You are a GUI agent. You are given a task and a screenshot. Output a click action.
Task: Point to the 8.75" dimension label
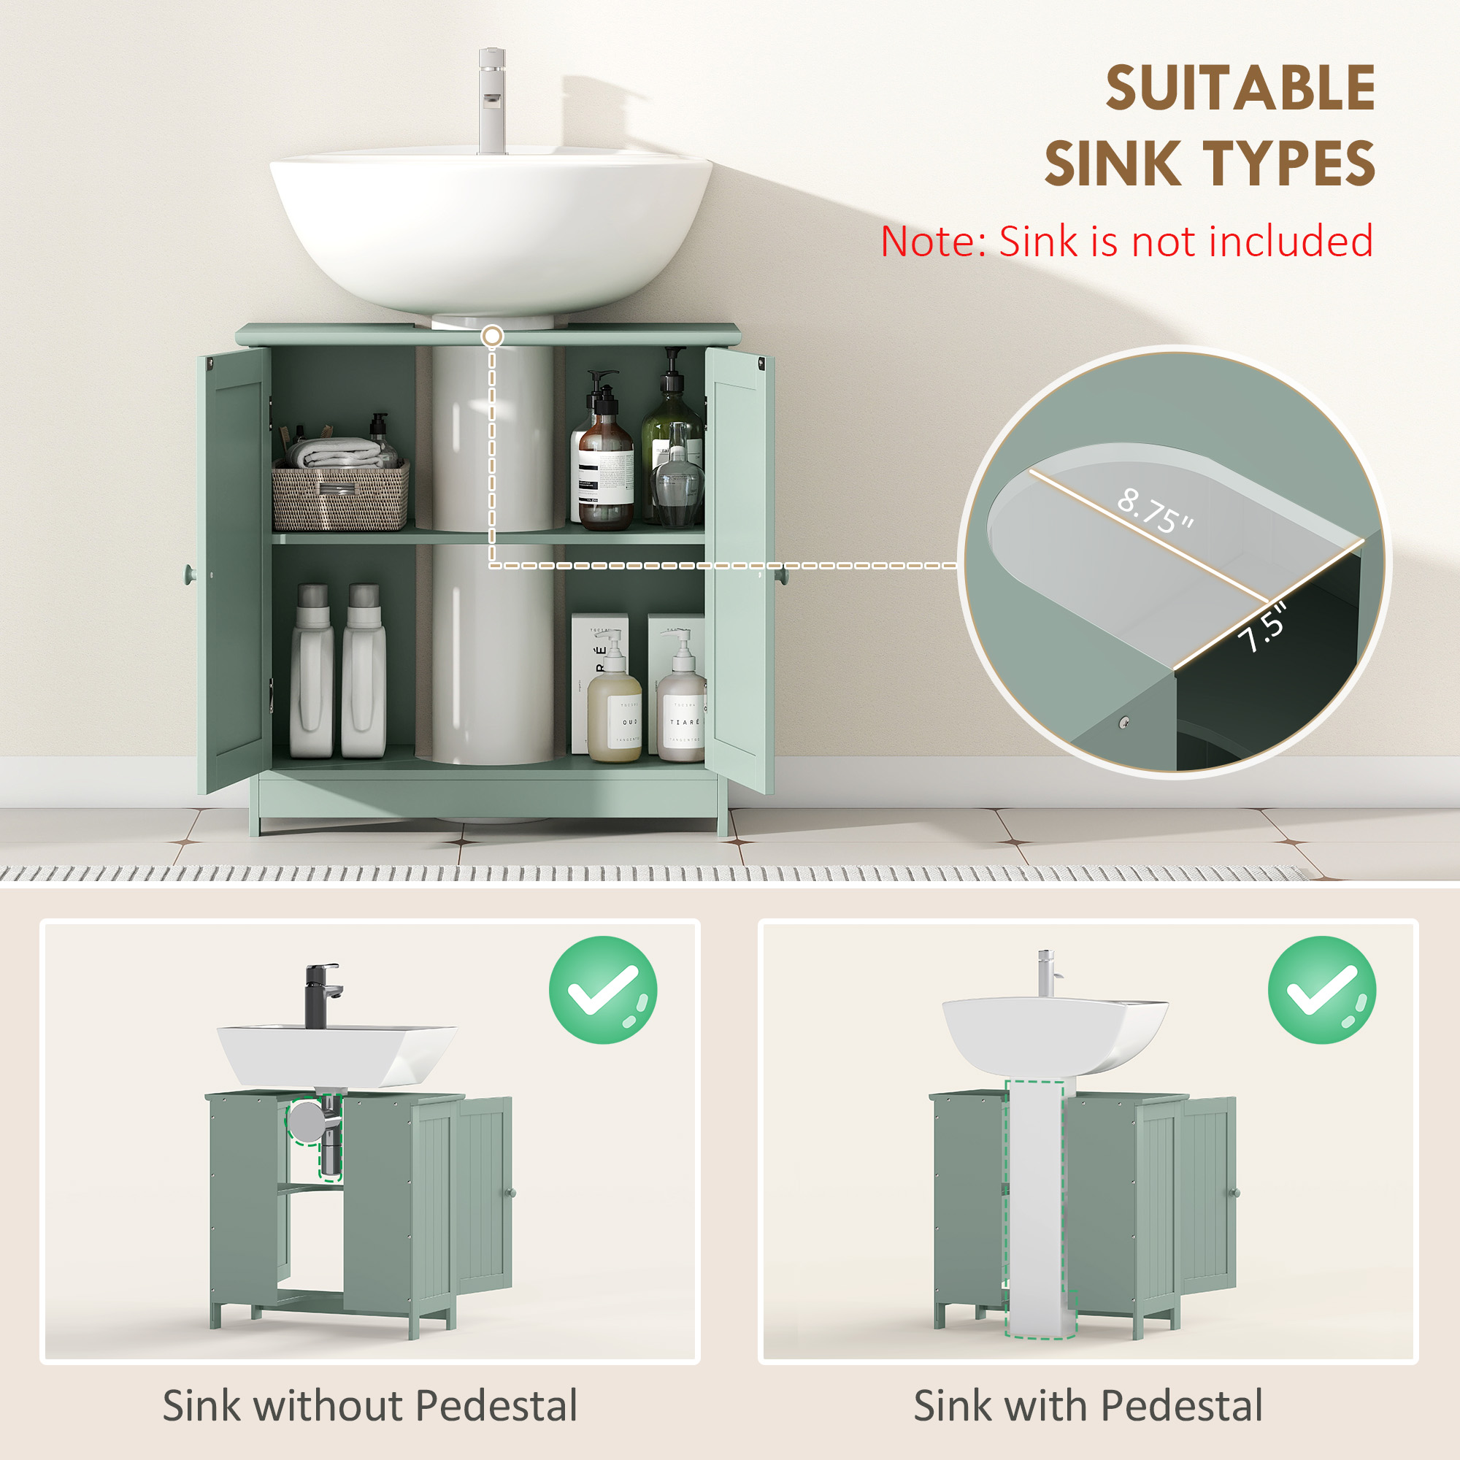pos(1155,510)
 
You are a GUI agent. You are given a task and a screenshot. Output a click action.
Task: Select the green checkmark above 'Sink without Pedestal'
pos(602,989)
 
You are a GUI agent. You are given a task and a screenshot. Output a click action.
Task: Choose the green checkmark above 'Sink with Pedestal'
pos(1321,989)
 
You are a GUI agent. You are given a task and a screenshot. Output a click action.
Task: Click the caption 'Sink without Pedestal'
pos(369,1405)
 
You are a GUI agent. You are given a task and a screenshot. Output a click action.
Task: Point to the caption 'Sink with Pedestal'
pos(1088,1405)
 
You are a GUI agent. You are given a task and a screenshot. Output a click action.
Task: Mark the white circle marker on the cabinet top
pos(492,336)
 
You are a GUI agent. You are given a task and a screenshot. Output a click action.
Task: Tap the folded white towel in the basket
pos(332,453)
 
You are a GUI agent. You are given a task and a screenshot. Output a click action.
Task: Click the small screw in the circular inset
pos(1123,723)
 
